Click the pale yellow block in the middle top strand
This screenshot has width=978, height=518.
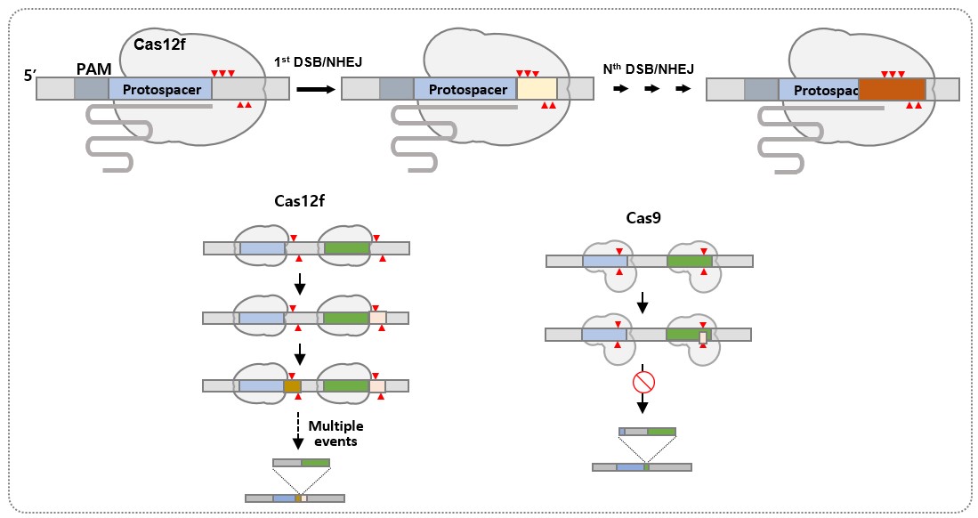click(537, 88)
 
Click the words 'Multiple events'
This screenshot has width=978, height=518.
click(333, 433)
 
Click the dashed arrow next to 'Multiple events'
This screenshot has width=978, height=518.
click(299, 433)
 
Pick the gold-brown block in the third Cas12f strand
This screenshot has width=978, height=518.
click(293, 386)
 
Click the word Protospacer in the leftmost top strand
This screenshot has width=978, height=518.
click(160, 89)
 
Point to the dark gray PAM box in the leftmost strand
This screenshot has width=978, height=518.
click(92, 88)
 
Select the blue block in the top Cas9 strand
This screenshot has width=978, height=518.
click(604, 261)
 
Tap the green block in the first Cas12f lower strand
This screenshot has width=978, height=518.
click(346, 248)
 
